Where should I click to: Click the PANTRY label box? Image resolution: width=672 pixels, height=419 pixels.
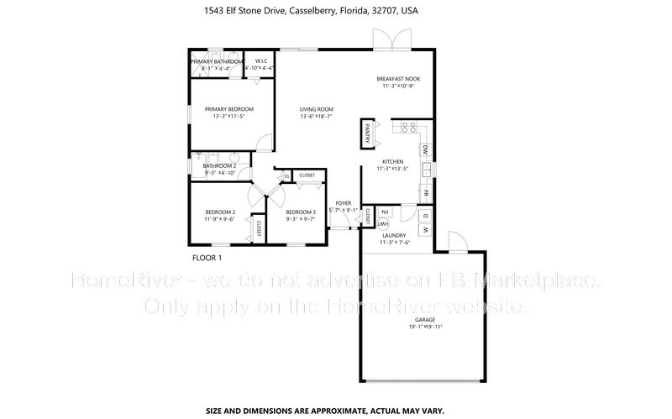pos(368,133)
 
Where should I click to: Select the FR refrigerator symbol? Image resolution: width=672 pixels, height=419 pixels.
pos(426,192)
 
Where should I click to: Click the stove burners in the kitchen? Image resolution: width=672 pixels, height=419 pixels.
pos(410,128)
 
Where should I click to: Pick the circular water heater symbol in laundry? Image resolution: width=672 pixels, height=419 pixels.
pos(382,223)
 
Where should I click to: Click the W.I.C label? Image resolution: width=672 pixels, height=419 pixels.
pos(261,60)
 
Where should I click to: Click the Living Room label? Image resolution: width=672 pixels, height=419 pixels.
pos(317,109)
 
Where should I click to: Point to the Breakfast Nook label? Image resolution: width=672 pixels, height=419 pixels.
pos(398,79)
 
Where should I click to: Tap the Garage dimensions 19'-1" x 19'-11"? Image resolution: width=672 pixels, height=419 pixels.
pos(426,327)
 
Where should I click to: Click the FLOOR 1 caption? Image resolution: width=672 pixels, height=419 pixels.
pos(207,257)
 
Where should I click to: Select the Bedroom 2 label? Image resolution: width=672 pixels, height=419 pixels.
pos(219,212)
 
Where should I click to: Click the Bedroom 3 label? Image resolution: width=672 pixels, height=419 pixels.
pos(300,212)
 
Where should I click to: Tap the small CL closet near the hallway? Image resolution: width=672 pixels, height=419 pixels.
pos(286,175)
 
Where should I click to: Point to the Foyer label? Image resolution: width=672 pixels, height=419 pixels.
pos(343,203)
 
